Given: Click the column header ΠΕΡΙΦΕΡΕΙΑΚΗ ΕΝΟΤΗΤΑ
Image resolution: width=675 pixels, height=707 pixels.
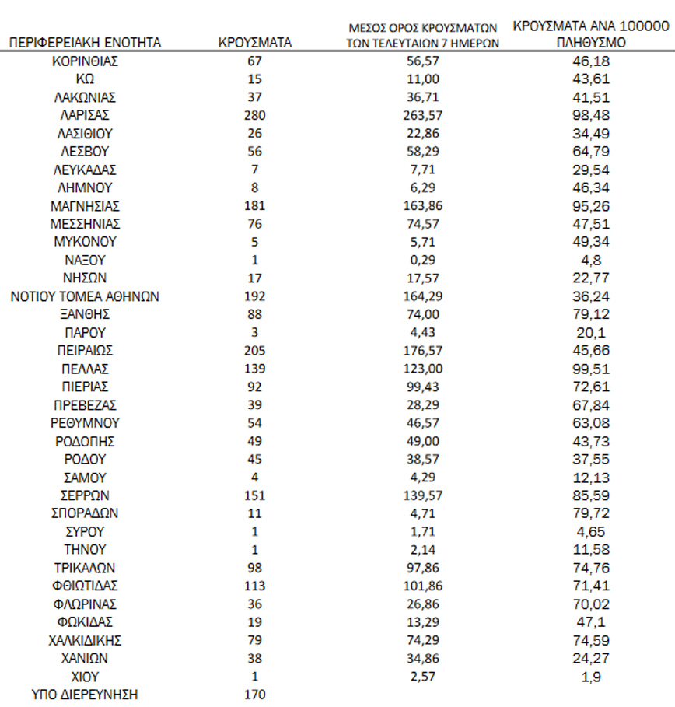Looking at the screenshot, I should [86, 43].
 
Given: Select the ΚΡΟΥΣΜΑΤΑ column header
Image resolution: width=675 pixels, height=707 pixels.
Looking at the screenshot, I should [255, 43].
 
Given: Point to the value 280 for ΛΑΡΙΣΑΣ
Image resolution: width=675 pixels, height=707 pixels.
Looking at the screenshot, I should [254, 115].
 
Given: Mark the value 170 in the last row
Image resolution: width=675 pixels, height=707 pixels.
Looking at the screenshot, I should [254, 695].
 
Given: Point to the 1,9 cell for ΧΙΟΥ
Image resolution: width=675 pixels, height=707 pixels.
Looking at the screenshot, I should [591, 677].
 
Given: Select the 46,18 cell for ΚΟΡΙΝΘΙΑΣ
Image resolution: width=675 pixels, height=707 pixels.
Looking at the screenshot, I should [591, 61].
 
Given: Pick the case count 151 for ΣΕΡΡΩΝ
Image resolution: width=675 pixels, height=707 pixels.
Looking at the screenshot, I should [254, 495].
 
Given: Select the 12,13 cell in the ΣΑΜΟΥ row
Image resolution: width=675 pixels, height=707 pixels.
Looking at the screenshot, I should [591, 478].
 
